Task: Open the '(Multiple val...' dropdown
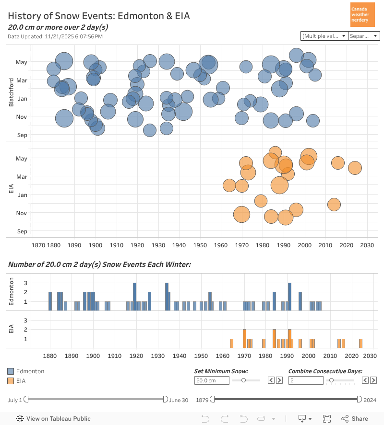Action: click(324, 36)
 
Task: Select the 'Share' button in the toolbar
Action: click(355, 418)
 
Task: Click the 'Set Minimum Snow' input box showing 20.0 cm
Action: click(212, 380)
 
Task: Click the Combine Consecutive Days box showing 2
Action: click(306, 380)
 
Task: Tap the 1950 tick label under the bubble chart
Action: click(200, 245)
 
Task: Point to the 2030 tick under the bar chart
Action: click(370, 356)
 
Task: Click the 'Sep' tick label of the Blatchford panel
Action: click(22, 135)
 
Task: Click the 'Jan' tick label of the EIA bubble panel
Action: click(22, 195)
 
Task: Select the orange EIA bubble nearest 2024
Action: click(355, 168)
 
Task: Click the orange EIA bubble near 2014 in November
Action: click(334, 205)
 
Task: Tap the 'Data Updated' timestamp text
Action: click(55, 36)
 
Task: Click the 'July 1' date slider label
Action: click(15, 400)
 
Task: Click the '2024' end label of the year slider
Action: click(370, 400)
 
